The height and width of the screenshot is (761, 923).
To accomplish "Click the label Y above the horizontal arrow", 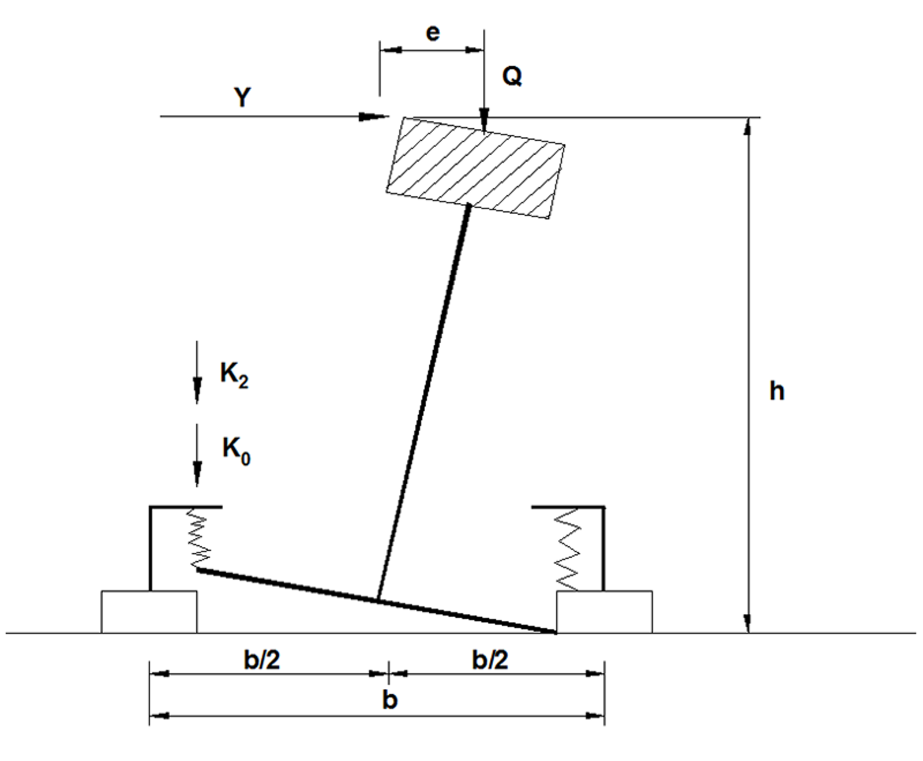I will coord(243,97).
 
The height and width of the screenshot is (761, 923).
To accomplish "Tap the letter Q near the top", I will coord(512,76).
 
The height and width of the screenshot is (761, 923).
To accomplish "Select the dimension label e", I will coord(432,33).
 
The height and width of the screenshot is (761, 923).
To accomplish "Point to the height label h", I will coord(776,391).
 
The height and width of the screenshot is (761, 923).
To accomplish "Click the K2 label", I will coord(234,374).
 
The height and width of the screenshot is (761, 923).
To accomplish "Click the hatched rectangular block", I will coord(475,168).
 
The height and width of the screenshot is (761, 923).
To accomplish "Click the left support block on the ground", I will coord(149,611).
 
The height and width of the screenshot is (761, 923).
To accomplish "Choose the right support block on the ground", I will coord(605,611).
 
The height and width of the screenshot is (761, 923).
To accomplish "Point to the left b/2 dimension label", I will coord(262,659).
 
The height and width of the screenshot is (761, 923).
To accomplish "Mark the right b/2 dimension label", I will coord(490,659).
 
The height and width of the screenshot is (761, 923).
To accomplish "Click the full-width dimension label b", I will coord(390,700).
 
